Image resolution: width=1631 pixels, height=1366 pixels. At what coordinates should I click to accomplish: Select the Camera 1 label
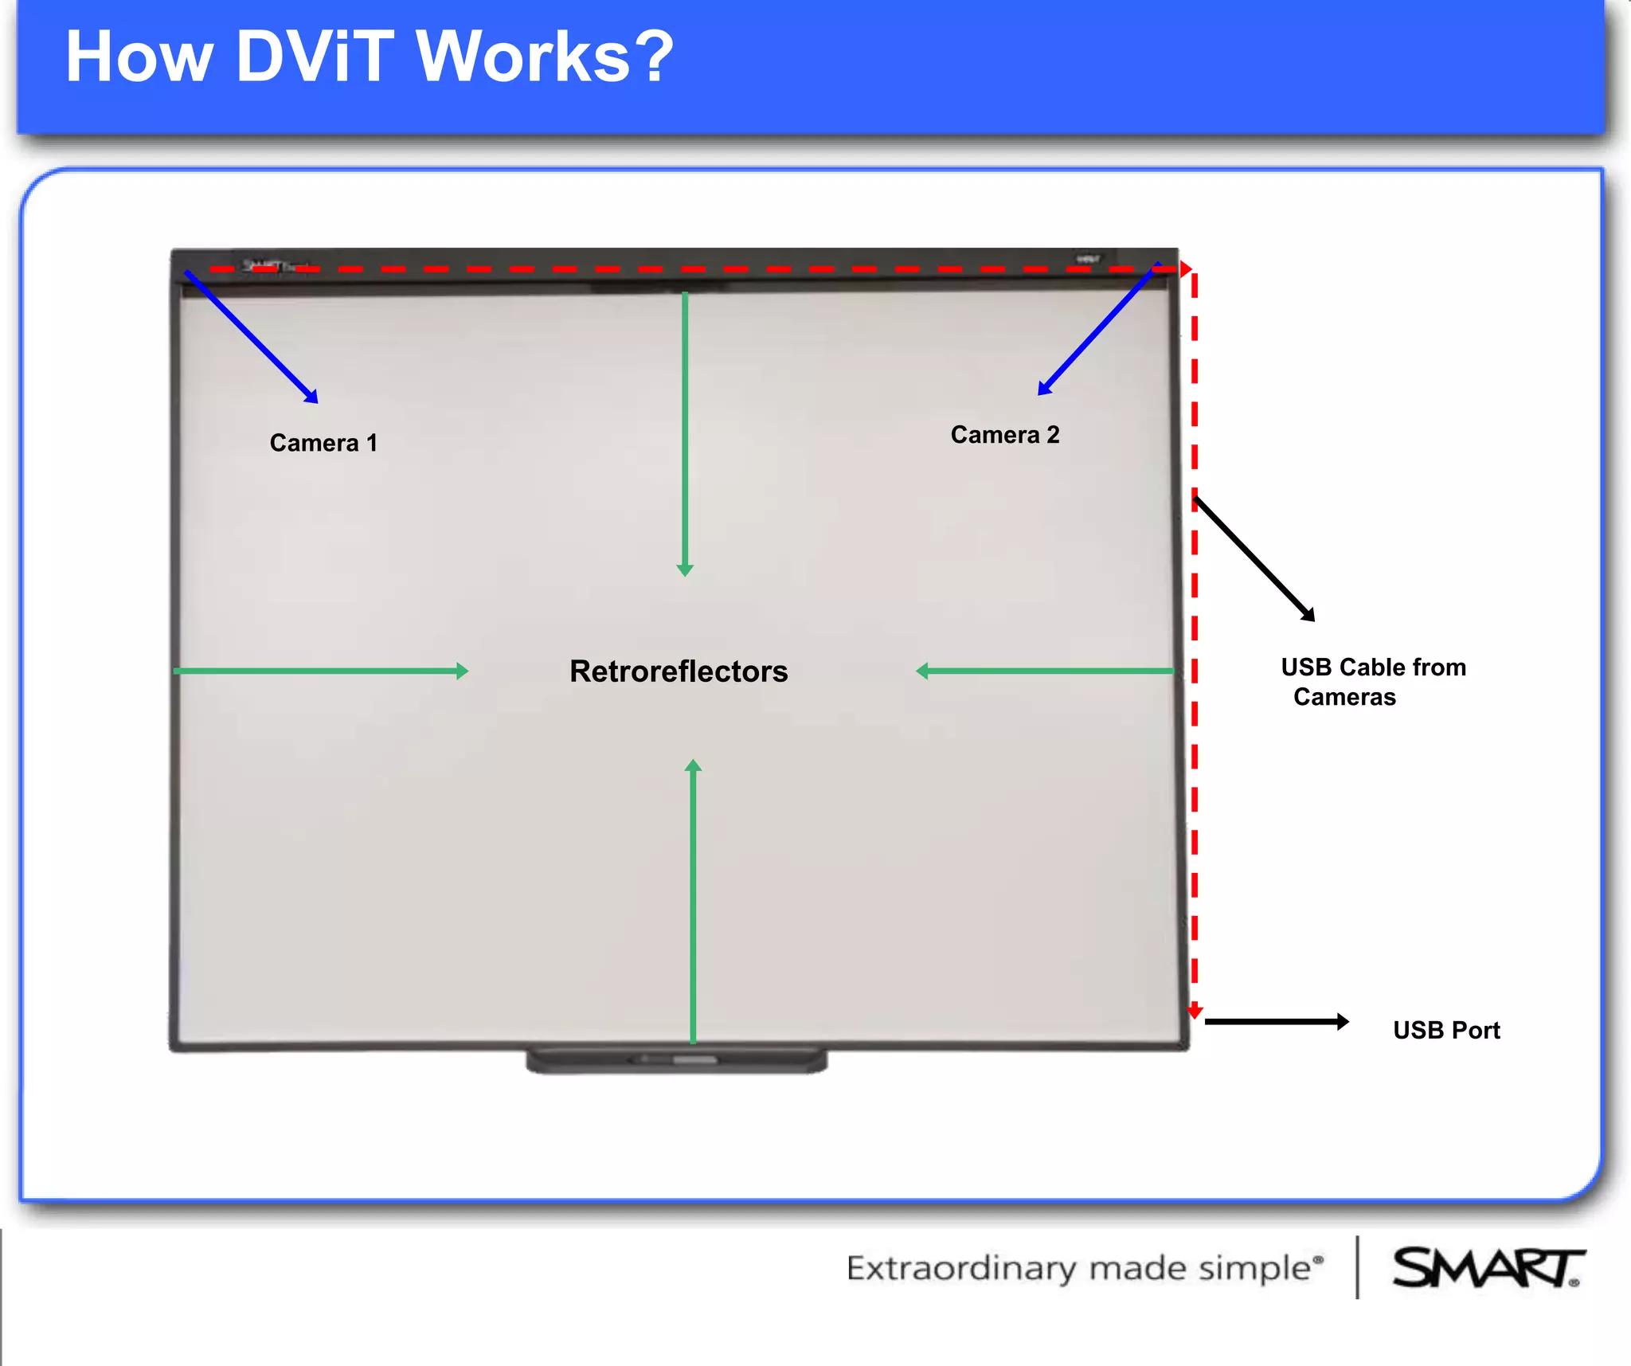coord(323,443)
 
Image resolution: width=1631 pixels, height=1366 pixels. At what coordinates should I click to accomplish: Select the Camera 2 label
coord(1005,435)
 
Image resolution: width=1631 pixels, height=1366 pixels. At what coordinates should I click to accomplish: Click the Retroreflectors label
coord(679,671)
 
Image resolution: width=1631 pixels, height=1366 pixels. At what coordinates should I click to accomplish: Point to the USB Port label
coord(1446,1030)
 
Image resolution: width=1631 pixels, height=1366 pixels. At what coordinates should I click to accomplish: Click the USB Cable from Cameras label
coord(1373,682)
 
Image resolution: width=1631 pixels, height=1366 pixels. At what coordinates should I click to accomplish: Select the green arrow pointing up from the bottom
coord(694,900)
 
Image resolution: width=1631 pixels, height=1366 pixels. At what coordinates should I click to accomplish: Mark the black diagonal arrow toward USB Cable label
coord(1254,558)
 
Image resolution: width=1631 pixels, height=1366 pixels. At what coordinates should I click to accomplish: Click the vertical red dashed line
coord(1195,637)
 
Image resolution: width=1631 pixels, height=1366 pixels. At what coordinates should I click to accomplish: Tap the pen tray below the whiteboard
coord(677,1061)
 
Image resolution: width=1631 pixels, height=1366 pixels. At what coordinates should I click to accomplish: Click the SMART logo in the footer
coord(1488,1268)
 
